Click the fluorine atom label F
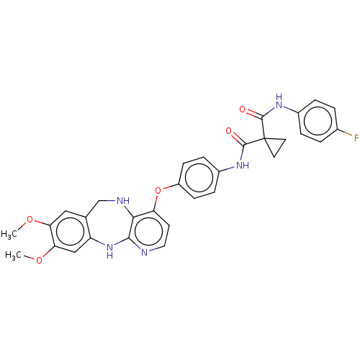[356, 138]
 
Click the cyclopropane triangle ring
[279, 139]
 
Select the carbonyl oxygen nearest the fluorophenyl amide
[243, 109]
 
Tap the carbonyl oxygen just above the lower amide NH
[229, 131]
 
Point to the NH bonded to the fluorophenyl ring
[279, 102]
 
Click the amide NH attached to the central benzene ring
[243, 165]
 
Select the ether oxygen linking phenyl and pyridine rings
[158, 191]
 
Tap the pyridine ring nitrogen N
[144, 253]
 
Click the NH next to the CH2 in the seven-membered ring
[123, 200]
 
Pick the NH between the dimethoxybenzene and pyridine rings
[109, 251]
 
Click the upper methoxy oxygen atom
[30, 220]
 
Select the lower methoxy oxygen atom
[39, 260]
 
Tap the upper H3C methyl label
[9, 234]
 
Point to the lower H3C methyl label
[13, 255]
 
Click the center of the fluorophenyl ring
[318, 121]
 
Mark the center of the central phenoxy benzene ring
[199, 178]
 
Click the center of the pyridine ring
[148, 231]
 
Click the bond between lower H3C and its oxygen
[29, 258]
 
